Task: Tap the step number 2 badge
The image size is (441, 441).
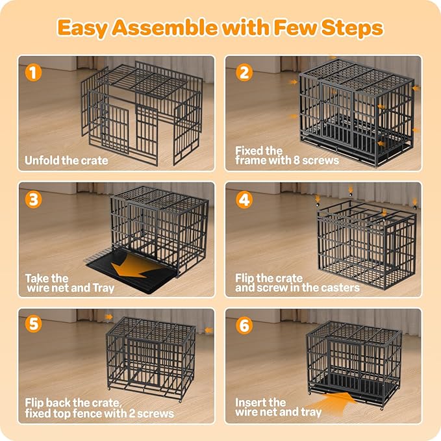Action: click(244, 72)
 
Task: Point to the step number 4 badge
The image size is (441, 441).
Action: click(244, 198)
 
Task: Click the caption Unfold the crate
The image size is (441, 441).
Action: click(66, 160)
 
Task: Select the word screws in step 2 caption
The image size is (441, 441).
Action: click(321, 160)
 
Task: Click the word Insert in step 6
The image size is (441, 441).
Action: click(251, 402)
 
